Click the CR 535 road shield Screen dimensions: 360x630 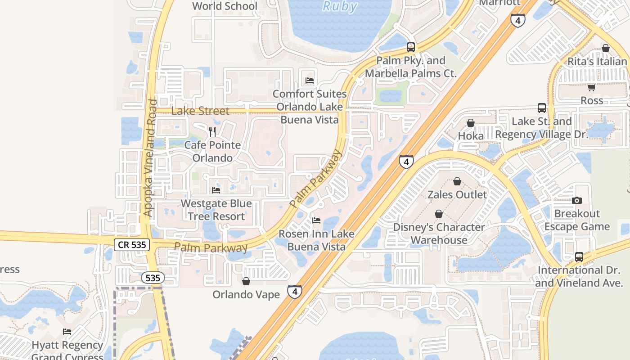pos(131,245)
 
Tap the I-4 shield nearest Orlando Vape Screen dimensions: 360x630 pos(295,292)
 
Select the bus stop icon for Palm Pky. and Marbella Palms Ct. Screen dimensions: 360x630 pos(410,47)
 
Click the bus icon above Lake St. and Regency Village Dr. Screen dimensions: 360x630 pos(542,108)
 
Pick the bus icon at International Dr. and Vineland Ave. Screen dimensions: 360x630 pos(579,257)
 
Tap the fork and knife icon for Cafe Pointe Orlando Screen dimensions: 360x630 pos(212,132)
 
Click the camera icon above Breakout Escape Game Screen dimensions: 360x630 pos(577,200)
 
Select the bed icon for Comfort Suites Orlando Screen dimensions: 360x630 pos(310,81)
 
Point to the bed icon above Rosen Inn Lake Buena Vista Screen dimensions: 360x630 pos(316,220)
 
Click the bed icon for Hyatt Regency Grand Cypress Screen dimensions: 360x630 pos(67,332)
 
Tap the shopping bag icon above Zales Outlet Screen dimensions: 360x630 pos(457,181)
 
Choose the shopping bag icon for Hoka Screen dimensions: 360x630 pos(471,123)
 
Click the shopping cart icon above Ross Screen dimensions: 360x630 pos(591,87)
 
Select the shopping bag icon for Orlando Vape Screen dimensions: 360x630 pos(246,282)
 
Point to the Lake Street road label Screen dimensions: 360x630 pos(200,111)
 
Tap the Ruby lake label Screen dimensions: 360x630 pos(340,6)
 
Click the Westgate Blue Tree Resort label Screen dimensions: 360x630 pos(216,210)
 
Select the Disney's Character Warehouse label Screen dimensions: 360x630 pos(439,233)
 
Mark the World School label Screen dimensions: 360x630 pos(225,6)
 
